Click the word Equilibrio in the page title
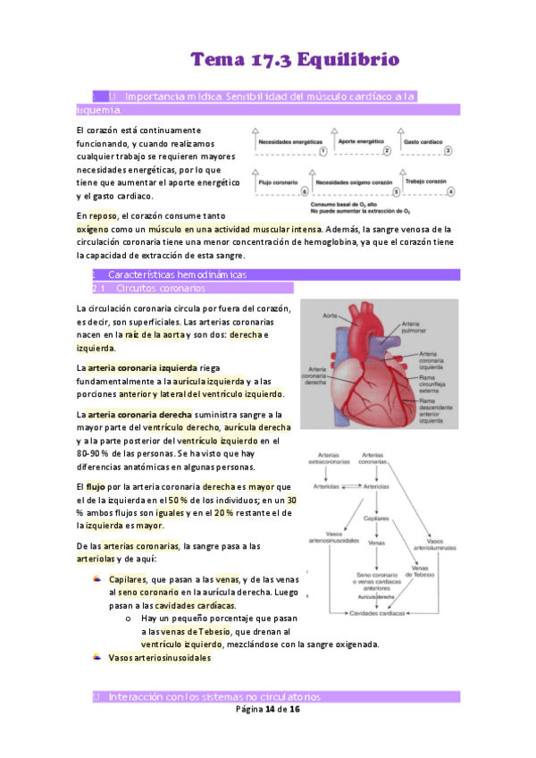[x=350, y=60]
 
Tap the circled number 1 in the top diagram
[x=322, y=152]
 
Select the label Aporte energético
[x=361, y=141]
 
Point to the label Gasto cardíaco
[x=424, y=141]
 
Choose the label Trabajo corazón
[x=425, y=181]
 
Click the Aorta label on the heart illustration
[x=330, y=316]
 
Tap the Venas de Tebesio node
[x=423, y=571]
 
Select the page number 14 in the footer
[x=270, y=709]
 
